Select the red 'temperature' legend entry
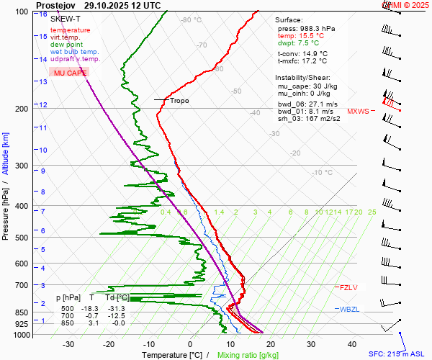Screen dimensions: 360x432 click(x=70, y=30)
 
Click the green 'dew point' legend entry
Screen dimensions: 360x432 click(x=66, y=45)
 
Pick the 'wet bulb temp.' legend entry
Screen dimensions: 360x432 click(x=74, y=52)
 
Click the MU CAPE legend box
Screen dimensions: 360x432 click(x=70, y=73)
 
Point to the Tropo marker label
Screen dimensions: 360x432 click(x=179, y=101)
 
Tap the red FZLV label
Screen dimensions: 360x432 click(x=348, y=287)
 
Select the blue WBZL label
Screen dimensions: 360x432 click(x=349, y=309)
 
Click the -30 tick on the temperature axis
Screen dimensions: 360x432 click(x=68, y=344)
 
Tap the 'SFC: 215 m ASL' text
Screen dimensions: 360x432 click(x=399, y=354)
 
